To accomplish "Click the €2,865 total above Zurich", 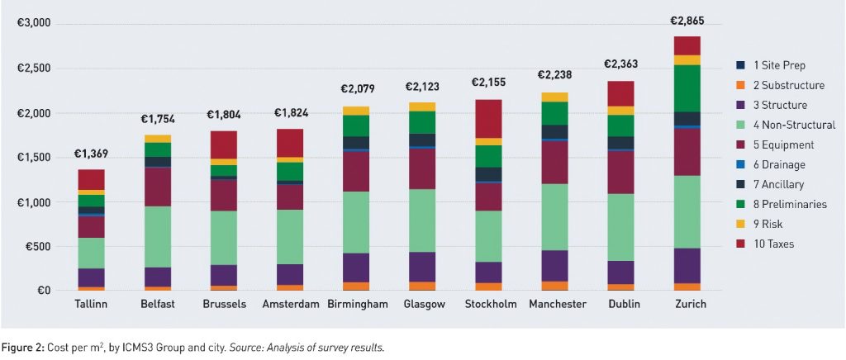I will click(687, 21).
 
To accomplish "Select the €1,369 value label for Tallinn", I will click(91, 154).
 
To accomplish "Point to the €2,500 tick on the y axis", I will click(34, 69).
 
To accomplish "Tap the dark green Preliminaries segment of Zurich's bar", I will click(687, 88).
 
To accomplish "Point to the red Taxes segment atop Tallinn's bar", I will click(91, 179).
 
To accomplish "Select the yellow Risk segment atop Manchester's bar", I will click(554, 97).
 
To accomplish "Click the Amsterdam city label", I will click(290, 304).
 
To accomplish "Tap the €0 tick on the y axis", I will click(41, 291).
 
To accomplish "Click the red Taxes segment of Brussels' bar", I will click(224, 144).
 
